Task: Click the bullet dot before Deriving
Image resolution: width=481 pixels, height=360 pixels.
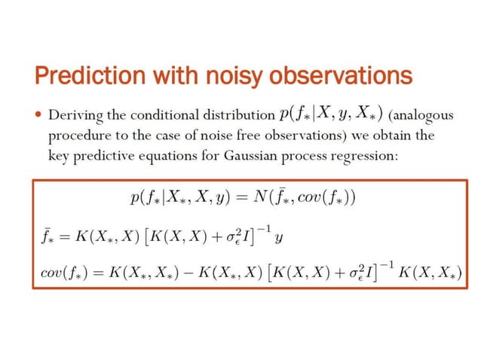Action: click(x=38, y=116)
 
